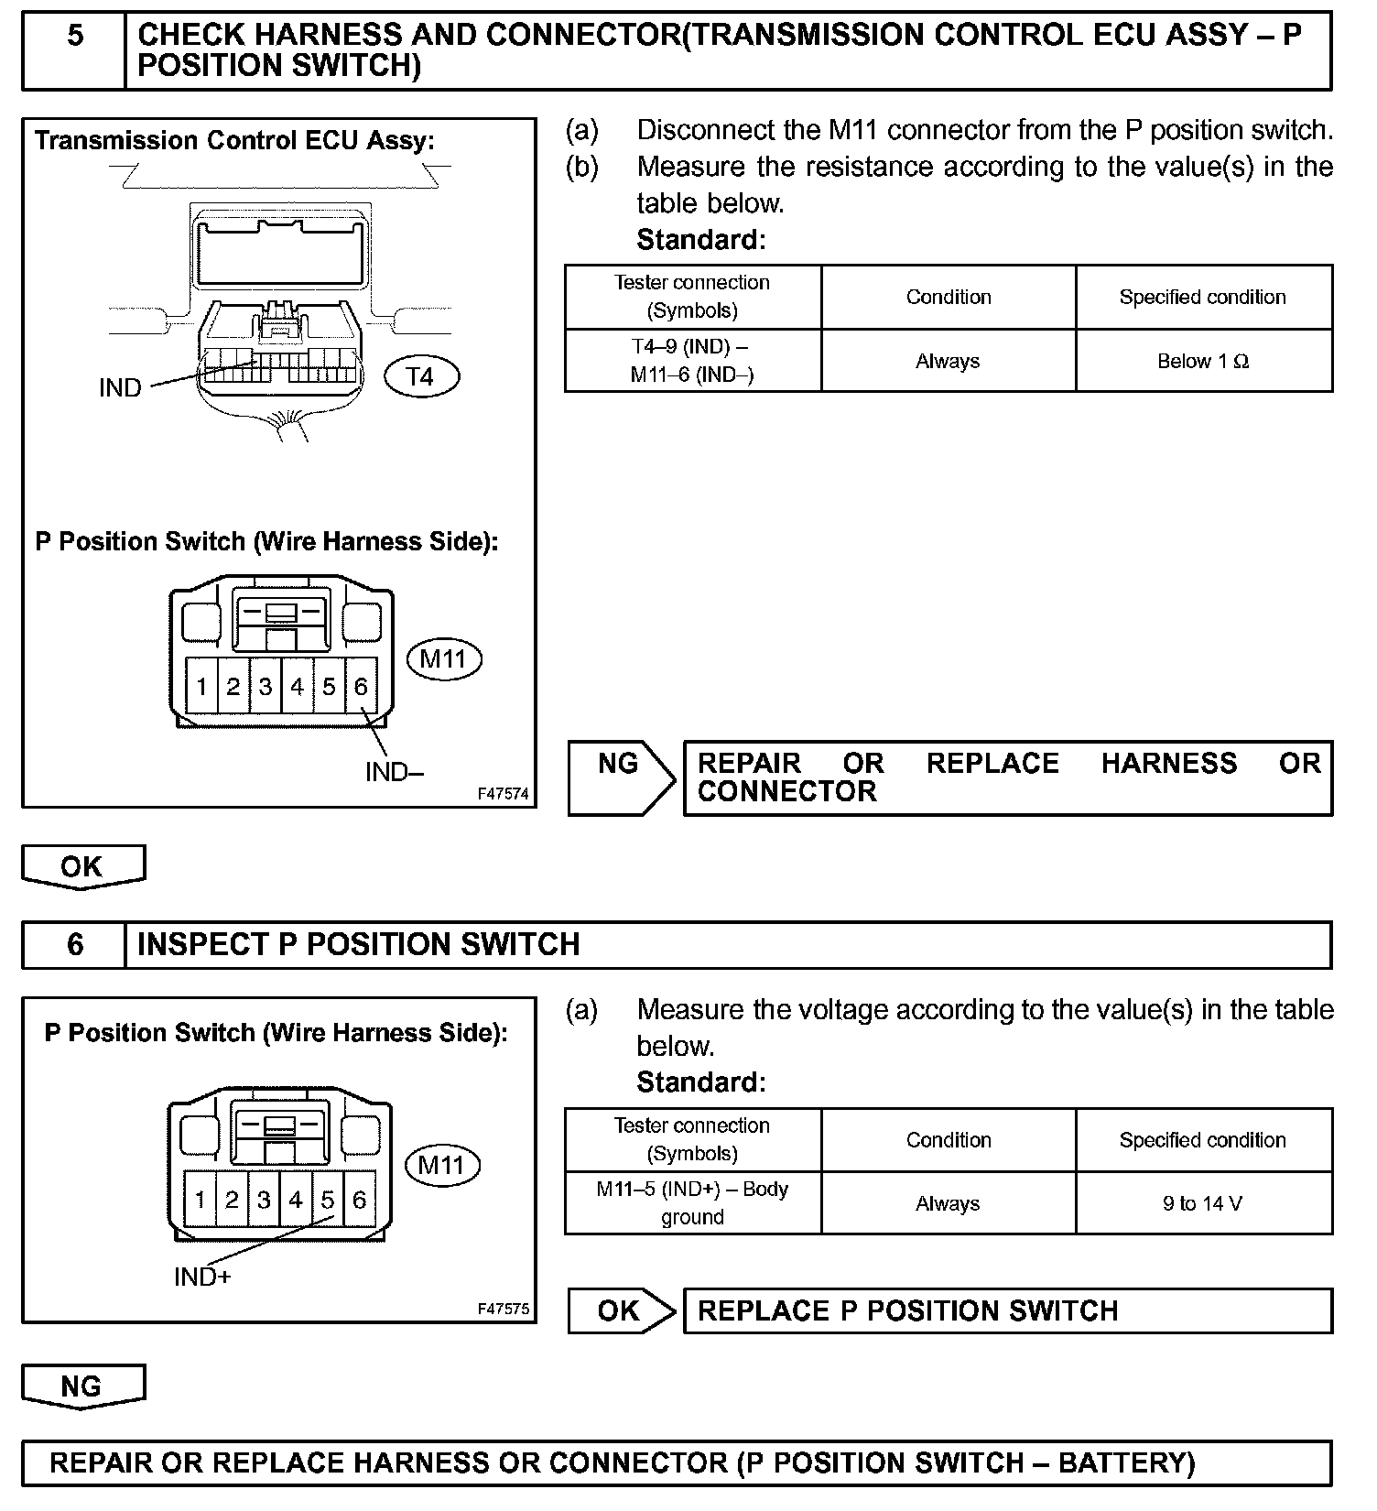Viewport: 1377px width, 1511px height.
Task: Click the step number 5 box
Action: [x=74, y=51]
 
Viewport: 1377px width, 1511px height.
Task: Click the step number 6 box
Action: [x=74, y=944]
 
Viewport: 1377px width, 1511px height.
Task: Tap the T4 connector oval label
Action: [x=420, y=376]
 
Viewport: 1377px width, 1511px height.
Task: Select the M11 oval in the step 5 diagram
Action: [x=443, y=659]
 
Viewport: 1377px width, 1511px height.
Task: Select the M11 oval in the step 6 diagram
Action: [x=442, y=1165]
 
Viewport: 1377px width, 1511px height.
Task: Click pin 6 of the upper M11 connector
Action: [x=361, y=687]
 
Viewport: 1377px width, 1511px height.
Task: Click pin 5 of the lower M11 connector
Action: [x=327, y=1200]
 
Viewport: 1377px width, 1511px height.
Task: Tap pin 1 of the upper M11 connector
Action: [x=201, y=687]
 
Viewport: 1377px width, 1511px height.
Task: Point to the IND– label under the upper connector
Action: [x=394, y=772]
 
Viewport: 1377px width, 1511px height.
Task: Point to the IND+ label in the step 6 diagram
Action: [x=202, y=1277]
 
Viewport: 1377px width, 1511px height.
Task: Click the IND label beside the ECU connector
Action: [x=120, y=388]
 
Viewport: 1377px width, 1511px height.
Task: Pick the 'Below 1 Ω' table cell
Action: [x=1203, y=361]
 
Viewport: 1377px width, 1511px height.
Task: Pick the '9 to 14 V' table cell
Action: [x=1203, y=1203]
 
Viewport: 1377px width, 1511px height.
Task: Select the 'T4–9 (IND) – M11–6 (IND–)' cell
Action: [x=692, y=361]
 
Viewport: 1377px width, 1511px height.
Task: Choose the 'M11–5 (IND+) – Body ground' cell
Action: [x=692, y=1203]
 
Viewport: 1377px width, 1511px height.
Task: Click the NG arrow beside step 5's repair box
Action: [x=620, y=777]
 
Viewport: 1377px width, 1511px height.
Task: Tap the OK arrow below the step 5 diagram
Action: [x=82, y=866]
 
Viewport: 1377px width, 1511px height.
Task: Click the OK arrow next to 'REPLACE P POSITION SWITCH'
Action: [x=620, y=1310]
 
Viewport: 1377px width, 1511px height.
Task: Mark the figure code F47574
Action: [x=503, y=794]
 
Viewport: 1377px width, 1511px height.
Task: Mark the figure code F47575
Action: [x=503, y=1309]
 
